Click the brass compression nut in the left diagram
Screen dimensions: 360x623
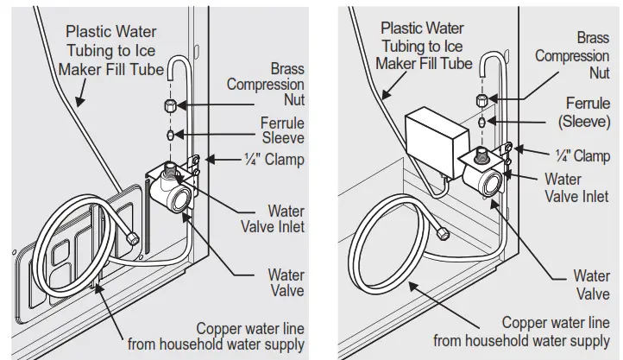(x=171, y=108)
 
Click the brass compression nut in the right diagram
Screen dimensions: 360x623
(x=481, y=101)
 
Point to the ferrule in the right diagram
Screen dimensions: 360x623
(x=481, y=123)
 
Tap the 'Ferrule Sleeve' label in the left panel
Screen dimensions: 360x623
(x=281, y=130)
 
